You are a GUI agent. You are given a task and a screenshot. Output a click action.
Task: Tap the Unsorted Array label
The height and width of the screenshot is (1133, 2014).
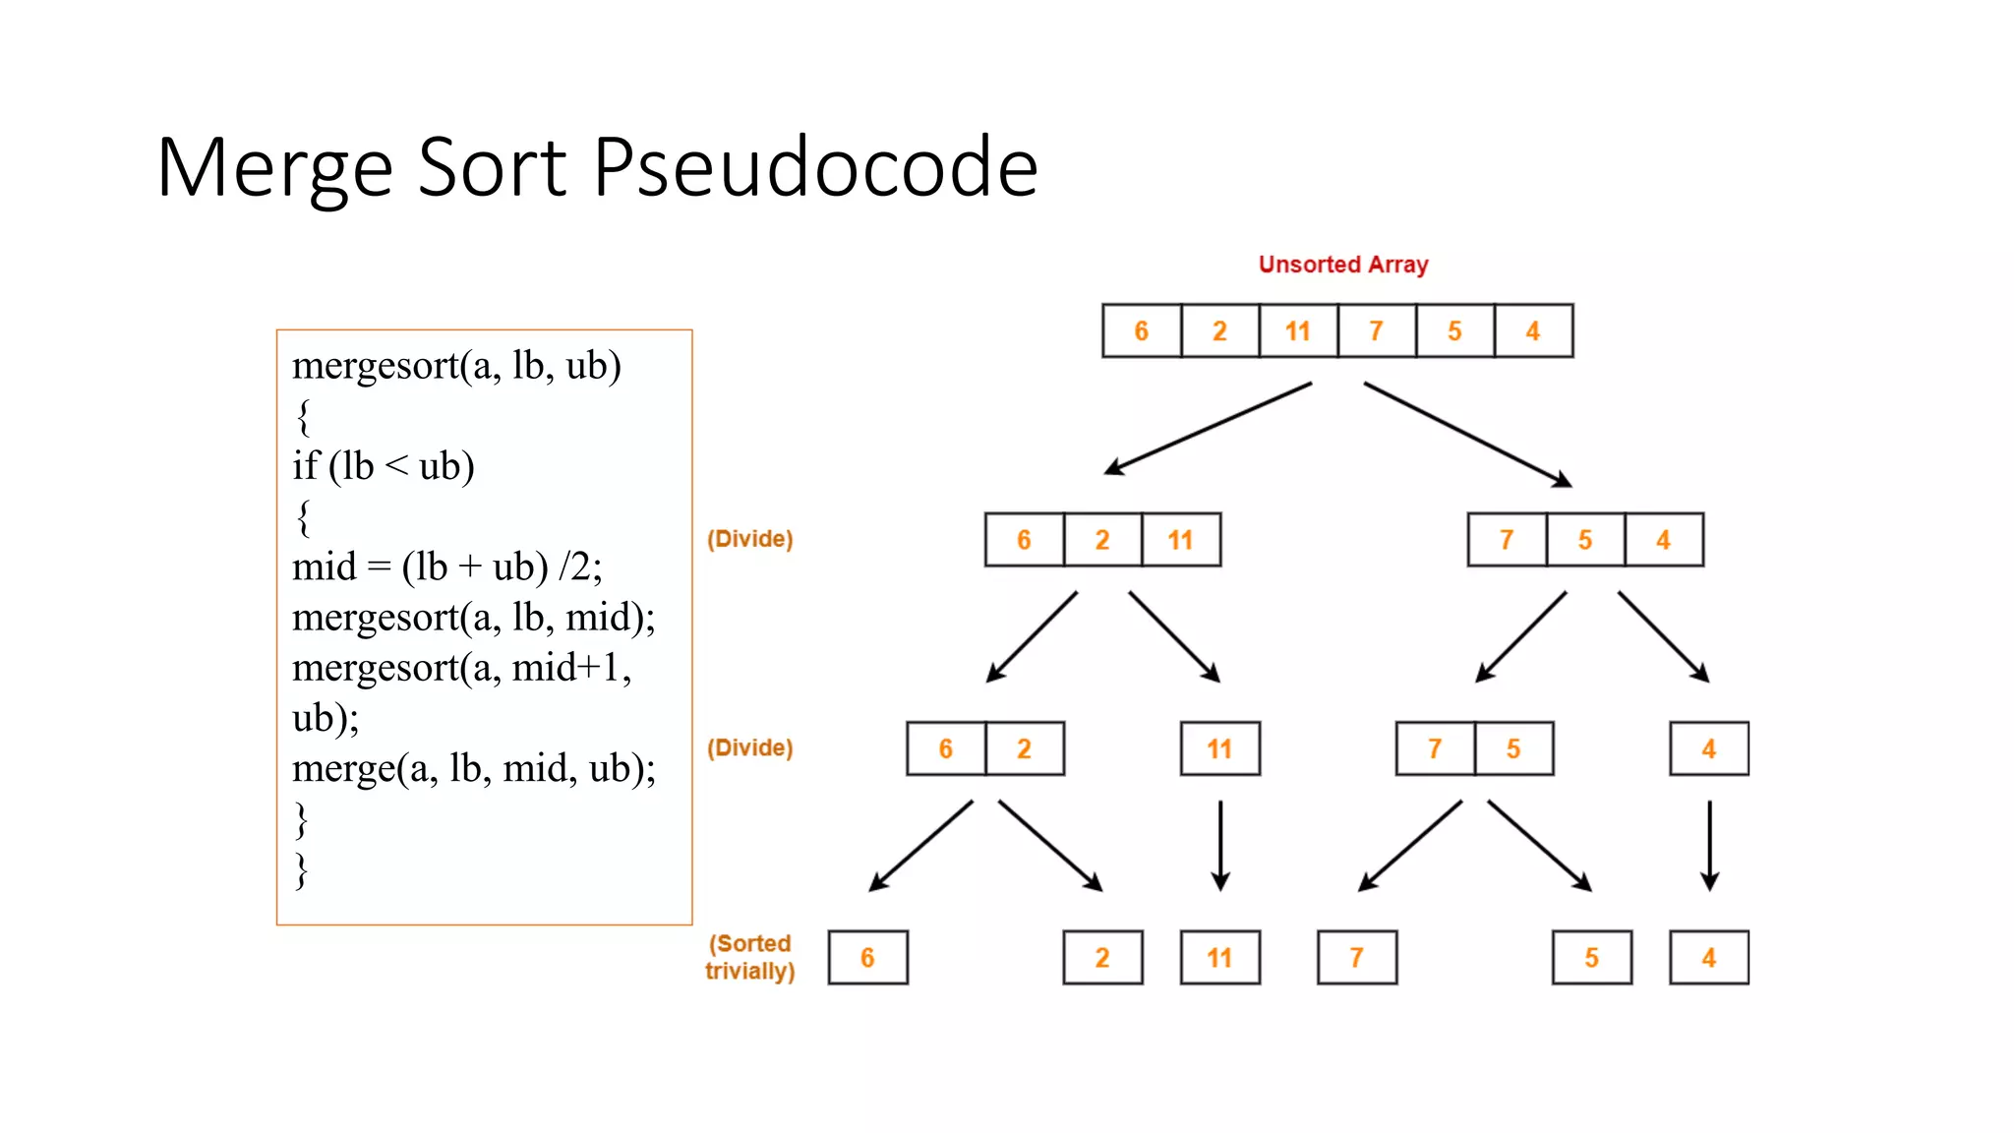(x=1342, y=265)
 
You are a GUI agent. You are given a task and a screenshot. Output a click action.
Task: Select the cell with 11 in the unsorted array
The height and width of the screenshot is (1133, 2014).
(x=1297, y=331)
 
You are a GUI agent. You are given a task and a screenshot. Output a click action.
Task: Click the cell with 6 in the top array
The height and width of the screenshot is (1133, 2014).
(x=1141, y=331)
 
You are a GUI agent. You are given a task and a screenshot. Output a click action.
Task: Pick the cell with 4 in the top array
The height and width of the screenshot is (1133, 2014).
(x=1532, y=331)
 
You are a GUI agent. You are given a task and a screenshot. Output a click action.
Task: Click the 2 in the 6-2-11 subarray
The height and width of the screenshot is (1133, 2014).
(x=1101, y=540)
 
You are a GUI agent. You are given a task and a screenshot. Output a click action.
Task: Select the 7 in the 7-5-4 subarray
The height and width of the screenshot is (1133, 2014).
(x=1506, y=540)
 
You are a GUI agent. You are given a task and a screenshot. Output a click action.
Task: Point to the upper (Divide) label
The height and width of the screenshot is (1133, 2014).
(x=749, y=539)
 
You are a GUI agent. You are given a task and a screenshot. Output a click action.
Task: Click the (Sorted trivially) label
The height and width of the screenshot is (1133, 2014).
(x=749, y=957)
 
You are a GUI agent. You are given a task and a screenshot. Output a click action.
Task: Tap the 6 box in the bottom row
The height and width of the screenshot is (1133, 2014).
(x=867, y=958)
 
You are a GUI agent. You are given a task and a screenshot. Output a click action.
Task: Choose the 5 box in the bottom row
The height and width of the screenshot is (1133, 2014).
(x=1591, y=958)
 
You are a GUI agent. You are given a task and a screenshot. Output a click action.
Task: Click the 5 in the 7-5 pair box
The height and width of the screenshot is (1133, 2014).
(x=1513, y=749)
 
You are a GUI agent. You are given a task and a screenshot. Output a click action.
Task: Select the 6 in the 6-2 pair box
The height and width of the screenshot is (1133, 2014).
(x=945, y=749)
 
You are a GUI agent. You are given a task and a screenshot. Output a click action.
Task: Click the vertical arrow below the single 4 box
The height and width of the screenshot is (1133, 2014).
(x=1709, y=846)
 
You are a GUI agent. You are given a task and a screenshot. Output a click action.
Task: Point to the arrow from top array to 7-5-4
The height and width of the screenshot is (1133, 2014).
(x=1467, y=434)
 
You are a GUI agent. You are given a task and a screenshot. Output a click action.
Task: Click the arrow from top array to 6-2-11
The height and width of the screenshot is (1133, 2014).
(x=1208, y=429)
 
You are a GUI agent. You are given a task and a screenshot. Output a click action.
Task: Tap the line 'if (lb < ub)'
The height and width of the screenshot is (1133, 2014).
(x=384, y=466)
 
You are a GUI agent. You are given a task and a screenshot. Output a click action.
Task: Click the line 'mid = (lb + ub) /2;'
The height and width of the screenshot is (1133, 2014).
(x=446, y=567)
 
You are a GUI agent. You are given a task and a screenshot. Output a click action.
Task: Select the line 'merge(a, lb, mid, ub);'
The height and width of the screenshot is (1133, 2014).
(x=473, y=768)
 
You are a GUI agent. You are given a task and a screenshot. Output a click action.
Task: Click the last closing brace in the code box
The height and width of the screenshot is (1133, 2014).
(x=302, y=870)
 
